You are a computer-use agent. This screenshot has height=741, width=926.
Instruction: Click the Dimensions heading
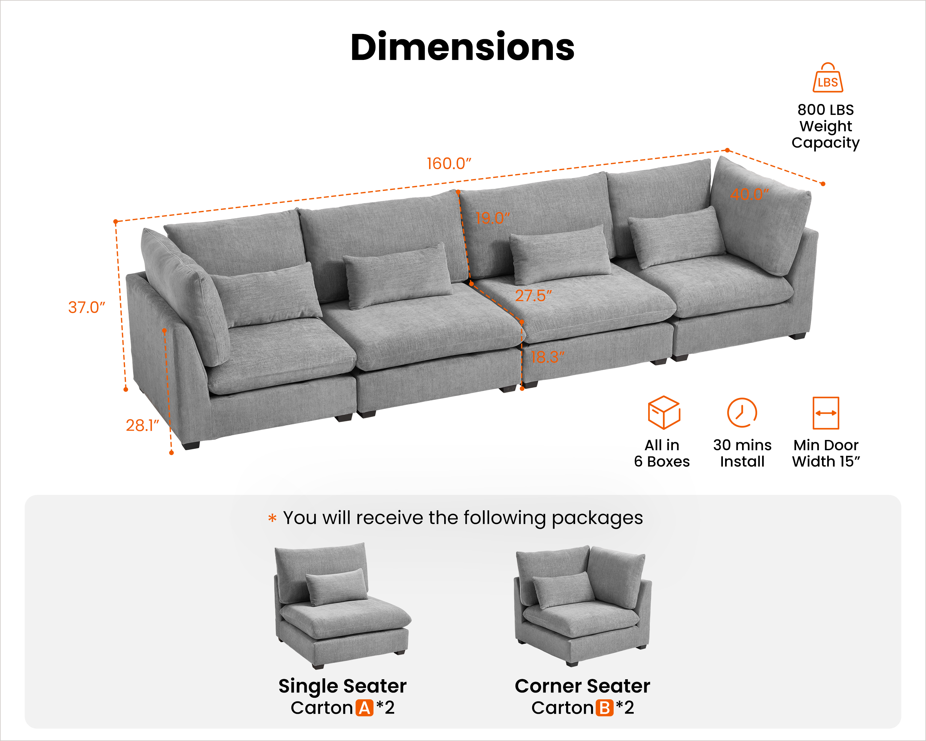pyautogui.click(x=463, y=47)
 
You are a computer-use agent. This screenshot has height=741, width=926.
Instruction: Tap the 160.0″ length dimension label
pyautogui.click(x=449, y=164)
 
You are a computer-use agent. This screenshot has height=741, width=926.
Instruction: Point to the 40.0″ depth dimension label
pyautogui.click(x=749, y=194)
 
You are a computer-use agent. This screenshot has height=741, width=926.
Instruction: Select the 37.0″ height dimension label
pyautogui.click(x=86, y=307)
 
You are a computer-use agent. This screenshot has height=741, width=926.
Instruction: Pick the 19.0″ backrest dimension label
pyautogui.click(x=493, y=218)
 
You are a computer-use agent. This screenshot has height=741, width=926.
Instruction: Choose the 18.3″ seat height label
pyautogui.click(x=548, y=357)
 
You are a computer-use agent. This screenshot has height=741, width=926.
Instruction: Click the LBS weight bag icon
pyautogui.click(x=828, y=78)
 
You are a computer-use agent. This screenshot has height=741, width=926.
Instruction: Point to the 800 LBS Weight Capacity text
pyautogui.click(x=825, y=126)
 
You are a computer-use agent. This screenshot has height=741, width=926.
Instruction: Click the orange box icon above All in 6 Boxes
pyautogui.click(x=664, y=412)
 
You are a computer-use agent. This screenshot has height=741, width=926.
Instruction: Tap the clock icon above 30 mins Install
pyautogui.click(x=742, y=412)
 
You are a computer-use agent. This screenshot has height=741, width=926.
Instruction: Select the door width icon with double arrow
pyautogui.click(x=825, y=413)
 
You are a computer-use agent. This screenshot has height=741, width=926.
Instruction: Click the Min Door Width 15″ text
pyautogui.click(x=825, y=453)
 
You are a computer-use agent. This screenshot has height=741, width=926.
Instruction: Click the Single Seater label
pyautogui.click(x=342, y=686)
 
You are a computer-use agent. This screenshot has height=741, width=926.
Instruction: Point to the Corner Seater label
pyautogui.click(x=582, y=686)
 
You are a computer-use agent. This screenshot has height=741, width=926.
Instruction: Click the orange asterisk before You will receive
pyautogui.click(x=272, y=518)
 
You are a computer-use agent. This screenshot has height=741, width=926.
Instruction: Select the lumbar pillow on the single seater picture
pyautogui.click(x=337, y=587)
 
